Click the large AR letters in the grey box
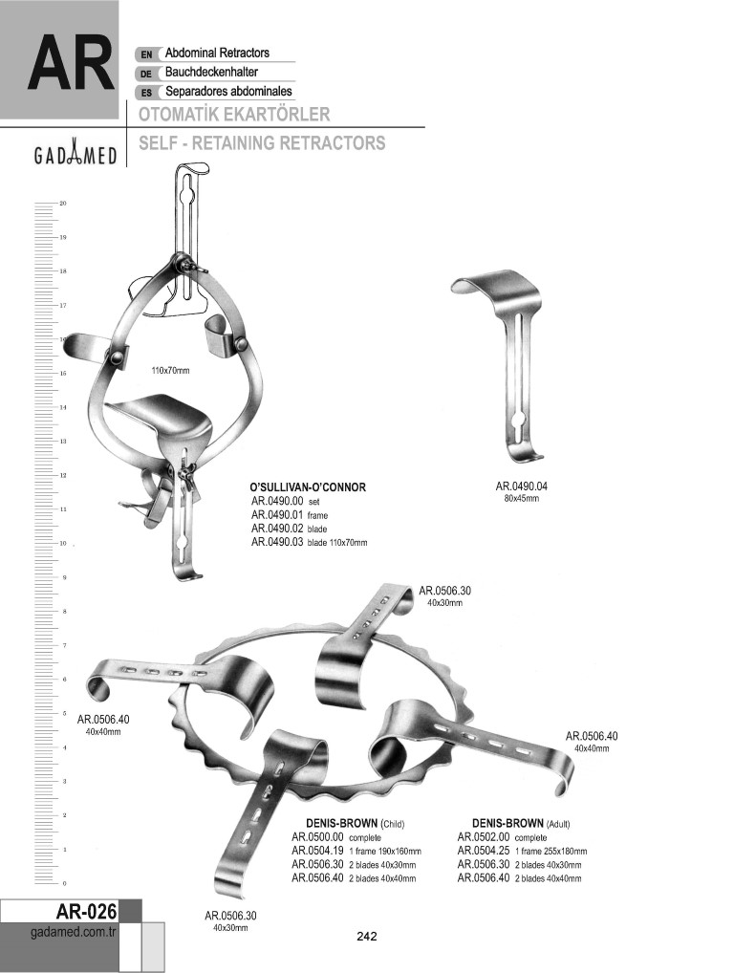[x=70, y=64]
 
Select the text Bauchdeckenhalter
[x=211, y=72]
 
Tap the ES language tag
[x=146, y=93]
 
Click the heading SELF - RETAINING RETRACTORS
[x=262, y=142]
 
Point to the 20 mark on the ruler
[x=63, y=203]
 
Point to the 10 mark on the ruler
[x=63, y=544]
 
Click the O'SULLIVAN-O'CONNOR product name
[x=308, y=487]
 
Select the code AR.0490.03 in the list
[x=277, y=542]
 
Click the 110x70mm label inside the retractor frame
[x=171, y=371]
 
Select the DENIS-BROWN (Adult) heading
[x=521, y=824]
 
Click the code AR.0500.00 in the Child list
[x=317, y=837]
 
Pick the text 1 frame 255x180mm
[x=550, y=852]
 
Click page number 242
[x=367, y=936]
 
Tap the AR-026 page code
[x=86, y=911]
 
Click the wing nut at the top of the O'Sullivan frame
[x=184, y=266]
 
